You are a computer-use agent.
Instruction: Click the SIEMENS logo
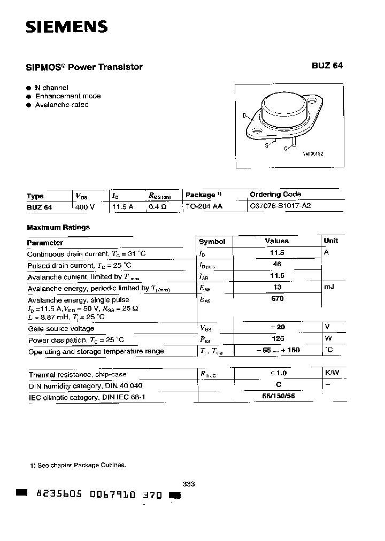(x=67, y=26)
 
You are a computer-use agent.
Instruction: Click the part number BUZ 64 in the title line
(x=327, y=66)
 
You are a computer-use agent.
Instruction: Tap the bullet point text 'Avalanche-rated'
(x=61, y=105)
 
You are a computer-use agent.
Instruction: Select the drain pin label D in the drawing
(x=244, y=115)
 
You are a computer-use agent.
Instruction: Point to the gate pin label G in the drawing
(x=286, y=149)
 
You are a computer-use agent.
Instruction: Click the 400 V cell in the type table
(x=85, y=206)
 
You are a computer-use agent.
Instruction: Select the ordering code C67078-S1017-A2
(x=280, y=206)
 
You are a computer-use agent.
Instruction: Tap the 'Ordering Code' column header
(x=275, y=194)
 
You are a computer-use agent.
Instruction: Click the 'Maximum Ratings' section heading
(x=58, y=227)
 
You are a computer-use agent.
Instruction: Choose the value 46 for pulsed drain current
(x=276, y=265)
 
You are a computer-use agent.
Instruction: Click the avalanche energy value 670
(x=277, y=299)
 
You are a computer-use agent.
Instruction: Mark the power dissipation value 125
(x=278, y=339)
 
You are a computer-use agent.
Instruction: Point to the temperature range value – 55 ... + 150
(x=276, y=351)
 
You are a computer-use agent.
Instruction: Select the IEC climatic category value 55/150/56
(x=278, y=397)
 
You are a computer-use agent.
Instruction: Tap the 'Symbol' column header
(x=212, y=242)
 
